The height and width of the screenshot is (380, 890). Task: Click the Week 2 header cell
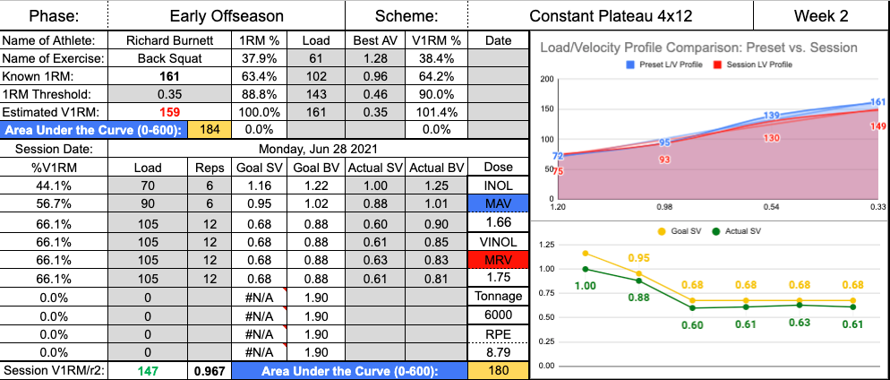[x=820, y=15]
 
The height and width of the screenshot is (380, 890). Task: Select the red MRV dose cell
[x=498, y=260]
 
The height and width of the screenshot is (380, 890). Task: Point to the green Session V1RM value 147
[x=148, y=369]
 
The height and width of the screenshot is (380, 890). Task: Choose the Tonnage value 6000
[x=498, y=314]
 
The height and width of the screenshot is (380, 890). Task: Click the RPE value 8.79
[x=498, y=351]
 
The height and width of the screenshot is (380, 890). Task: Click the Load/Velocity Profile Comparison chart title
[x=699, y=47]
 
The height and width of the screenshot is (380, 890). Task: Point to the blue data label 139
[x=772, y=117]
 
